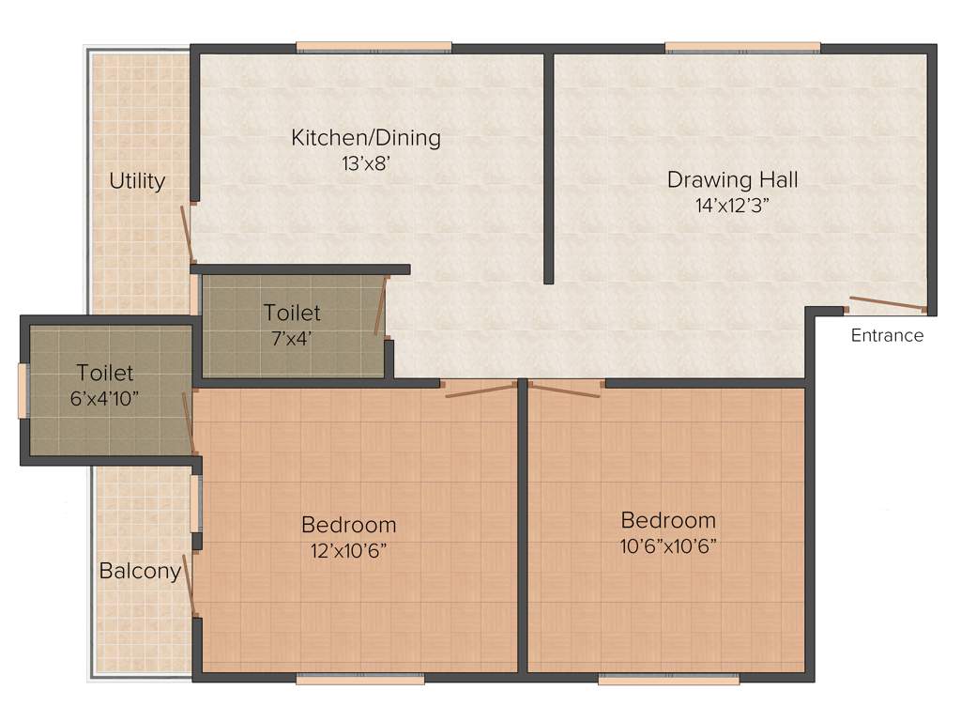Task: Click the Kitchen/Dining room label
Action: click(x=366, y=138)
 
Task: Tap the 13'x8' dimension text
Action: click(x=366, y=163)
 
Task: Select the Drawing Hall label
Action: click(x=732, y=179)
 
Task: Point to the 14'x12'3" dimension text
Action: click(x=732, y=204)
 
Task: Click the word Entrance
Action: click(x=887, y=336)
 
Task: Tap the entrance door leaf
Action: click(x=887, y=303)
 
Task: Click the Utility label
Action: click(x=137, y=180)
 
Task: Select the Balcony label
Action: click(x=140, y=571)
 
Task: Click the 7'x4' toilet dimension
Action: click(x=292, y=338)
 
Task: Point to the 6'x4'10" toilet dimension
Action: click(x=105, y=398)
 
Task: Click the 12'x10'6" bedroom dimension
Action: click(x=349, y=550)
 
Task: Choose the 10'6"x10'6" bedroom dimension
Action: click(x=668, y=546)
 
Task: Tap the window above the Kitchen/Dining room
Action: click(x=374, y=47)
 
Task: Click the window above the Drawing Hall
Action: click(x=743, y=47)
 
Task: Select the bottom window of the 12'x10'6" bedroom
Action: click(x=360, y=678)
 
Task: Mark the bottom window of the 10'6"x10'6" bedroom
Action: click(x=668, y=678)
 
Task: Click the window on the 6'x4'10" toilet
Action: click(x=23, y=389)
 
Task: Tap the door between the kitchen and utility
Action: click(x=189, y=234)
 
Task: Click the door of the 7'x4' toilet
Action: click(x=381, y=305)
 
